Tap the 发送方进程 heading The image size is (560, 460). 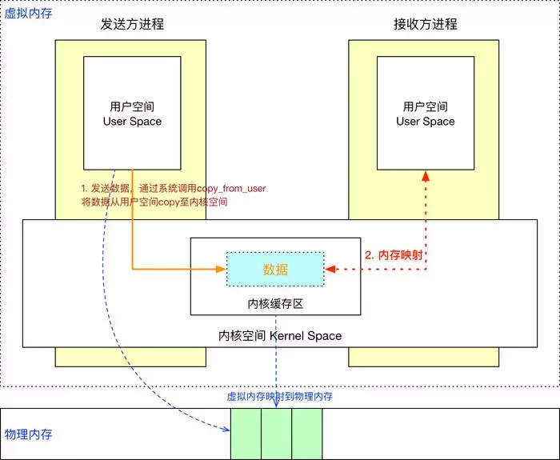(133, 24)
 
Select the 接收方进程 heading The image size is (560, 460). (426, 24)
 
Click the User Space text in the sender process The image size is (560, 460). (132, 122)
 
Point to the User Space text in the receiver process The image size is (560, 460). (426, 122)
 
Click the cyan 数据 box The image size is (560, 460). (275, 270)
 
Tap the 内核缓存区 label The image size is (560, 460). (274, 305)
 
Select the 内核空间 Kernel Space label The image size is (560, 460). (280, 335)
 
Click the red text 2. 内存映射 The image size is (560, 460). (394, 256)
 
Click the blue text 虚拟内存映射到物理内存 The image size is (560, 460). (280, 396)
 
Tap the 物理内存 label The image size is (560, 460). (29, 434)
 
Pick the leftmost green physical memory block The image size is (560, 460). (246, 434)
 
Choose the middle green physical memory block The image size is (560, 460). (276, 434)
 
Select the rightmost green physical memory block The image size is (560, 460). (306, 434)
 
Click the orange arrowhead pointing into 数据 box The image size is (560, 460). (222, 270)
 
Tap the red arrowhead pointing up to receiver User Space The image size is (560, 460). (426, 174)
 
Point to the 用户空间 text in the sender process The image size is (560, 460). (132, 106)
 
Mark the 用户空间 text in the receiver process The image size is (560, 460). (426, 106)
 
